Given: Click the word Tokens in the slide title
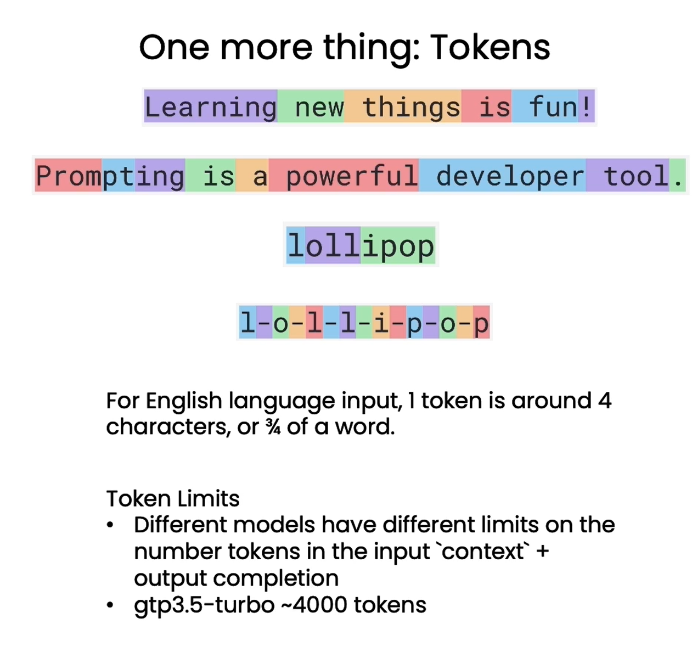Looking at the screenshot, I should [x=490, y=47].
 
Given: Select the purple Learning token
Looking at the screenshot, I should [x=211, y=106].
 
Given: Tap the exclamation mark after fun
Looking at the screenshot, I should [x=587, y=106].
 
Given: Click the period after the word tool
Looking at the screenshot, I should [x=678, y=176].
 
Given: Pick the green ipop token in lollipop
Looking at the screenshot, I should [x=398, y=246].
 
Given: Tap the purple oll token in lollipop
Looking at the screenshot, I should [x=333, y=246].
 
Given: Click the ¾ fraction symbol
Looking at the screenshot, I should [x=273, y=427].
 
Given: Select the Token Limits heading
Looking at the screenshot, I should [x=173, y=498].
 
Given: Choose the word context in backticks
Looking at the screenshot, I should [x=483, y=551].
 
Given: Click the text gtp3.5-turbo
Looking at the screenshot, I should [x=204, y=605].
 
